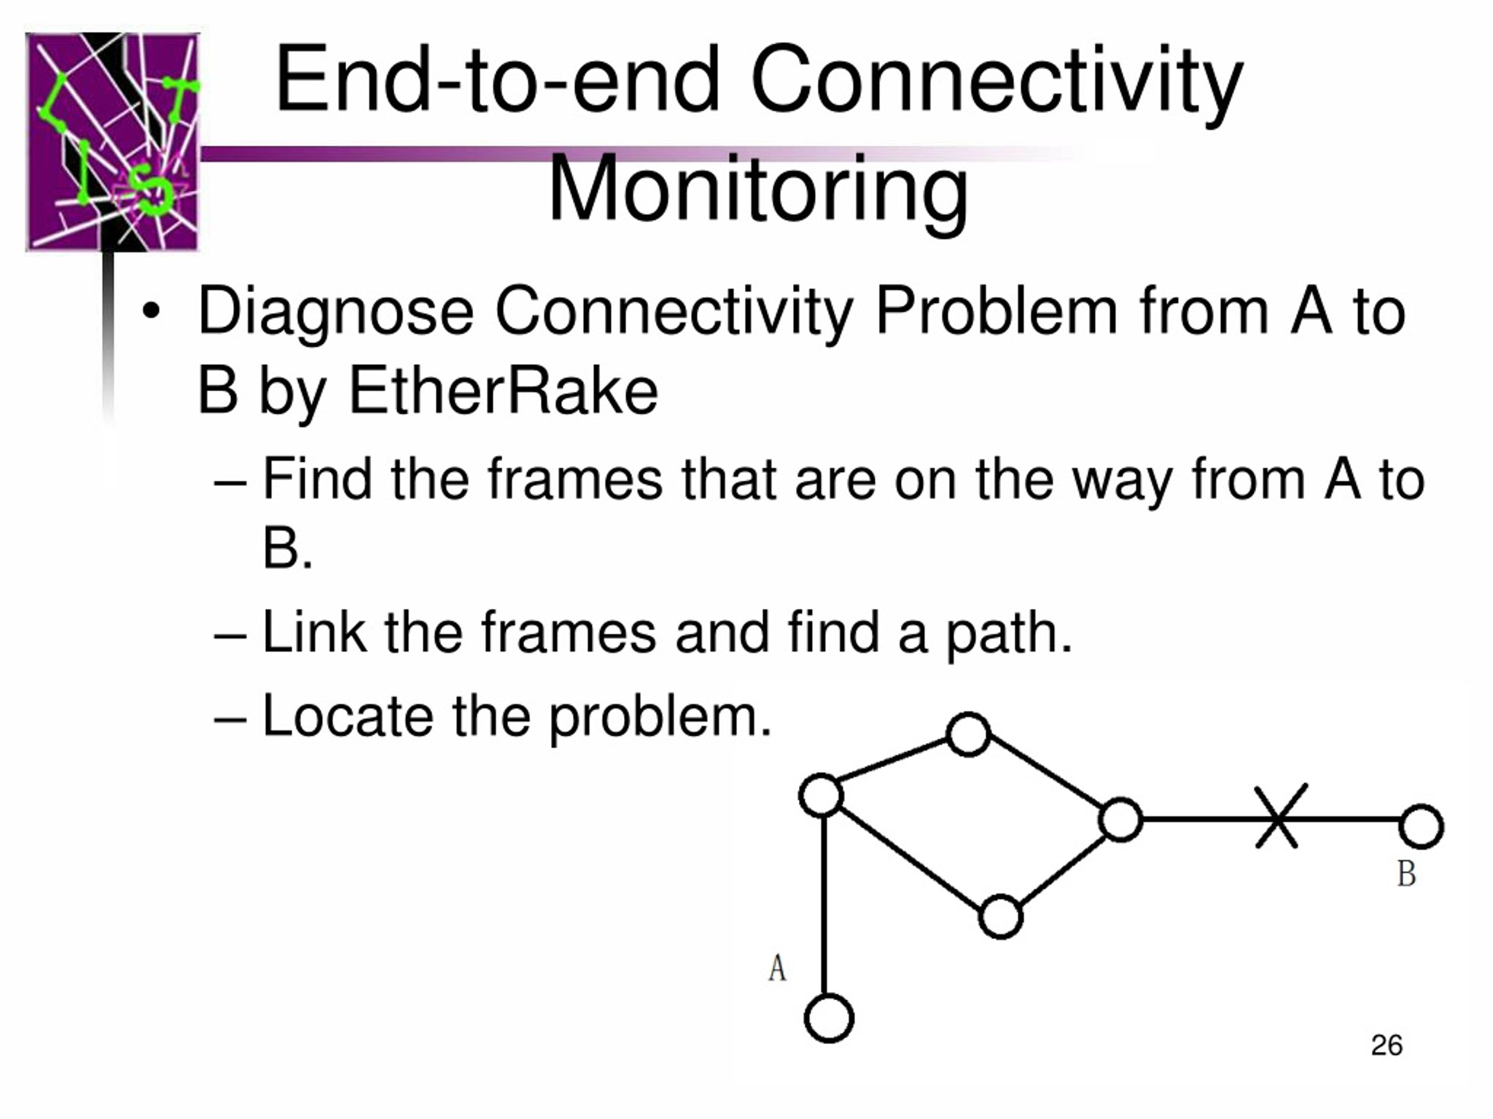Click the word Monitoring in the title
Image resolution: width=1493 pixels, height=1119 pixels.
[x=758, y=189]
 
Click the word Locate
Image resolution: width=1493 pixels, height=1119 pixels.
[x=348, y=716]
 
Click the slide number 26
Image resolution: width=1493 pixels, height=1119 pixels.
[x=1387, y=1045]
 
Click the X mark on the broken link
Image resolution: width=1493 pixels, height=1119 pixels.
[x=1280, y=818]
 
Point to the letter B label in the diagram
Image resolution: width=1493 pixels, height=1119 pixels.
[x=1407, y=874]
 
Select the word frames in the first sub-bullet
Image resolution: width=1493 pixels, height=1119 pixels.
[x=575, y=480]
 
